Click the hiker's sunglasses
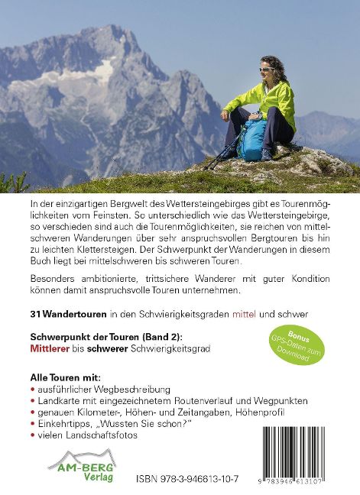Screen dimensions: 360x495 [267, 70]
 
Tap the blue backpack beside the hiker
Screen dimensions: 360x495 [251, 138]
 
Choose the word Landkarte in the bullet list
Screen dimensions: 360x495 [60, 400]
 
